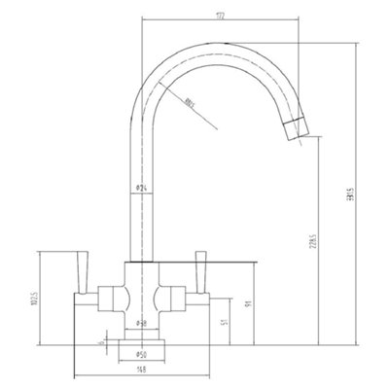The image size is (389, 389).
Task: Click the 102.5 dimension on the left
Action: point(30,296)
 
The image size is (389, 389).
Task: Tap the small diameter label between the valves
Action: point(142,321)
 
